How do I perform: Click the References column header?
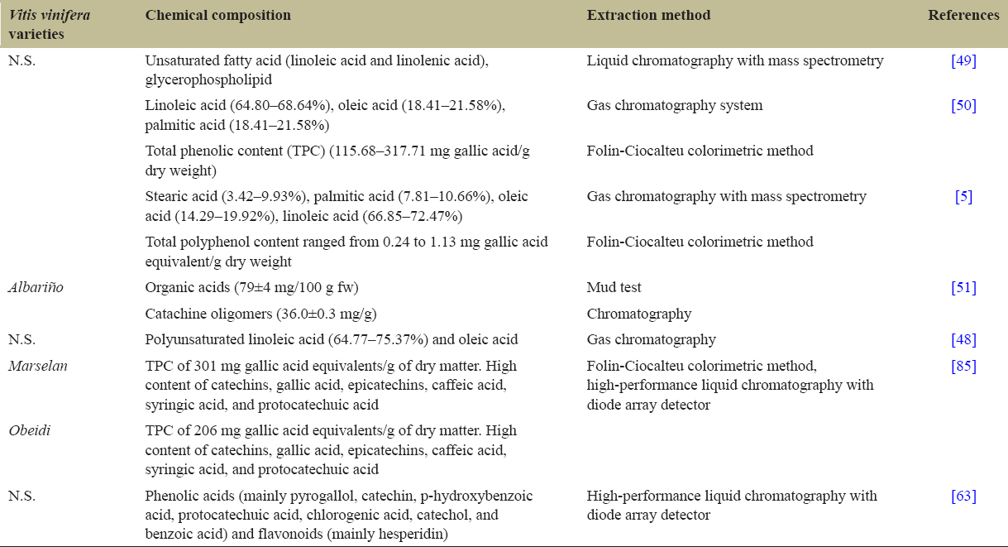[x=963, y=15]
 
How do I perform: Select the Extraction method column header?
[x=648, y=15]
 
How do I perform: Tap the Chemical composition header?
[x=217, y=15]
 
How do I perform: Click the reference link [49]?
[x=963, y=60]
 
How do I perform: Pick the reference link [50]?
[x=963, y=106]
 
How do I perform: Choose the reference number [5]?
[x=963, y=197]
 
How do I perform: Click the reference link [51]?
[x=963, y=288]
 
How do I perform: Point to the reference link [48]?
[x=963, y=340]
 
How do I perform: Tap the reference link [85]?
[x=963, y=367]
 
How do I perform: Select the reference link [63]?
[x=963, y=497]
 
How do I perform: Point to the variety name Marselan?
[x=33, y=367]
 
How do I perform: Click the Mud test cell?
[x=614, y=288]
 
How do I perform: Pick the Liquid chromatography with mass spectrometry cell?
[x=735, y=60]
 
